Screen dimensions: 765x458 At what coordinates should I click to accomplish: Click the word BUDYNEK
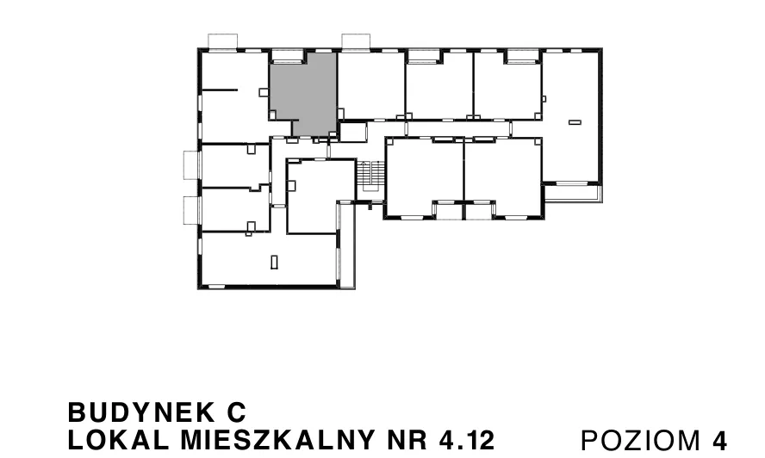(141, 412)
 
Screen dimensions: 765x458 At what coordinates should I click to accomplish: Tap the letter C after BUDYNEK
(237, 412)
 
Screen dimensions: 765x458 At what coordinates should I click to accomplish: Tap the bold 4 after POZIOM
(719, 441)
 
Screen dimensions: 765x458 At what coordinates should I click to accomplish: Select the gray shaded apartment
(304, 93)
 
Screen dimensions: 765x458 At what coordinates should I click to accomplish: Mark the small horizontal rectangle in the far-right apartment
(575, 122)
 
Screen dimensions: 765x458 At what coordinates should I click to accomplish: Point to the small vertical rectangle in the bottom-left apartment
(274, 262)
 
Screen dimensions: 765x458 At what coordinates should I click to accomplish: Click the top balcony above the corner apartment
(223, 41)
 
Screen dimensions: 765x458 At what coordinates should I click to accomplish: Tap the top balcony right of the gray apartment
(356, 41)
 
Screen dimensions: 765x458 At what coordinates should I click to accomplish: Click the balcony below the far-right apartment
(573, 193)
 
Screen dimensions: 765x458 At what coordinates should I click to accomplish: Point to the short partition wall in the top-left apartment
(220, 90)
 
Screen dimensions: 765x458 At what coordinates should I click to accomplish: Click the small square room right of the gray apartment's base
(352, 133)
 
